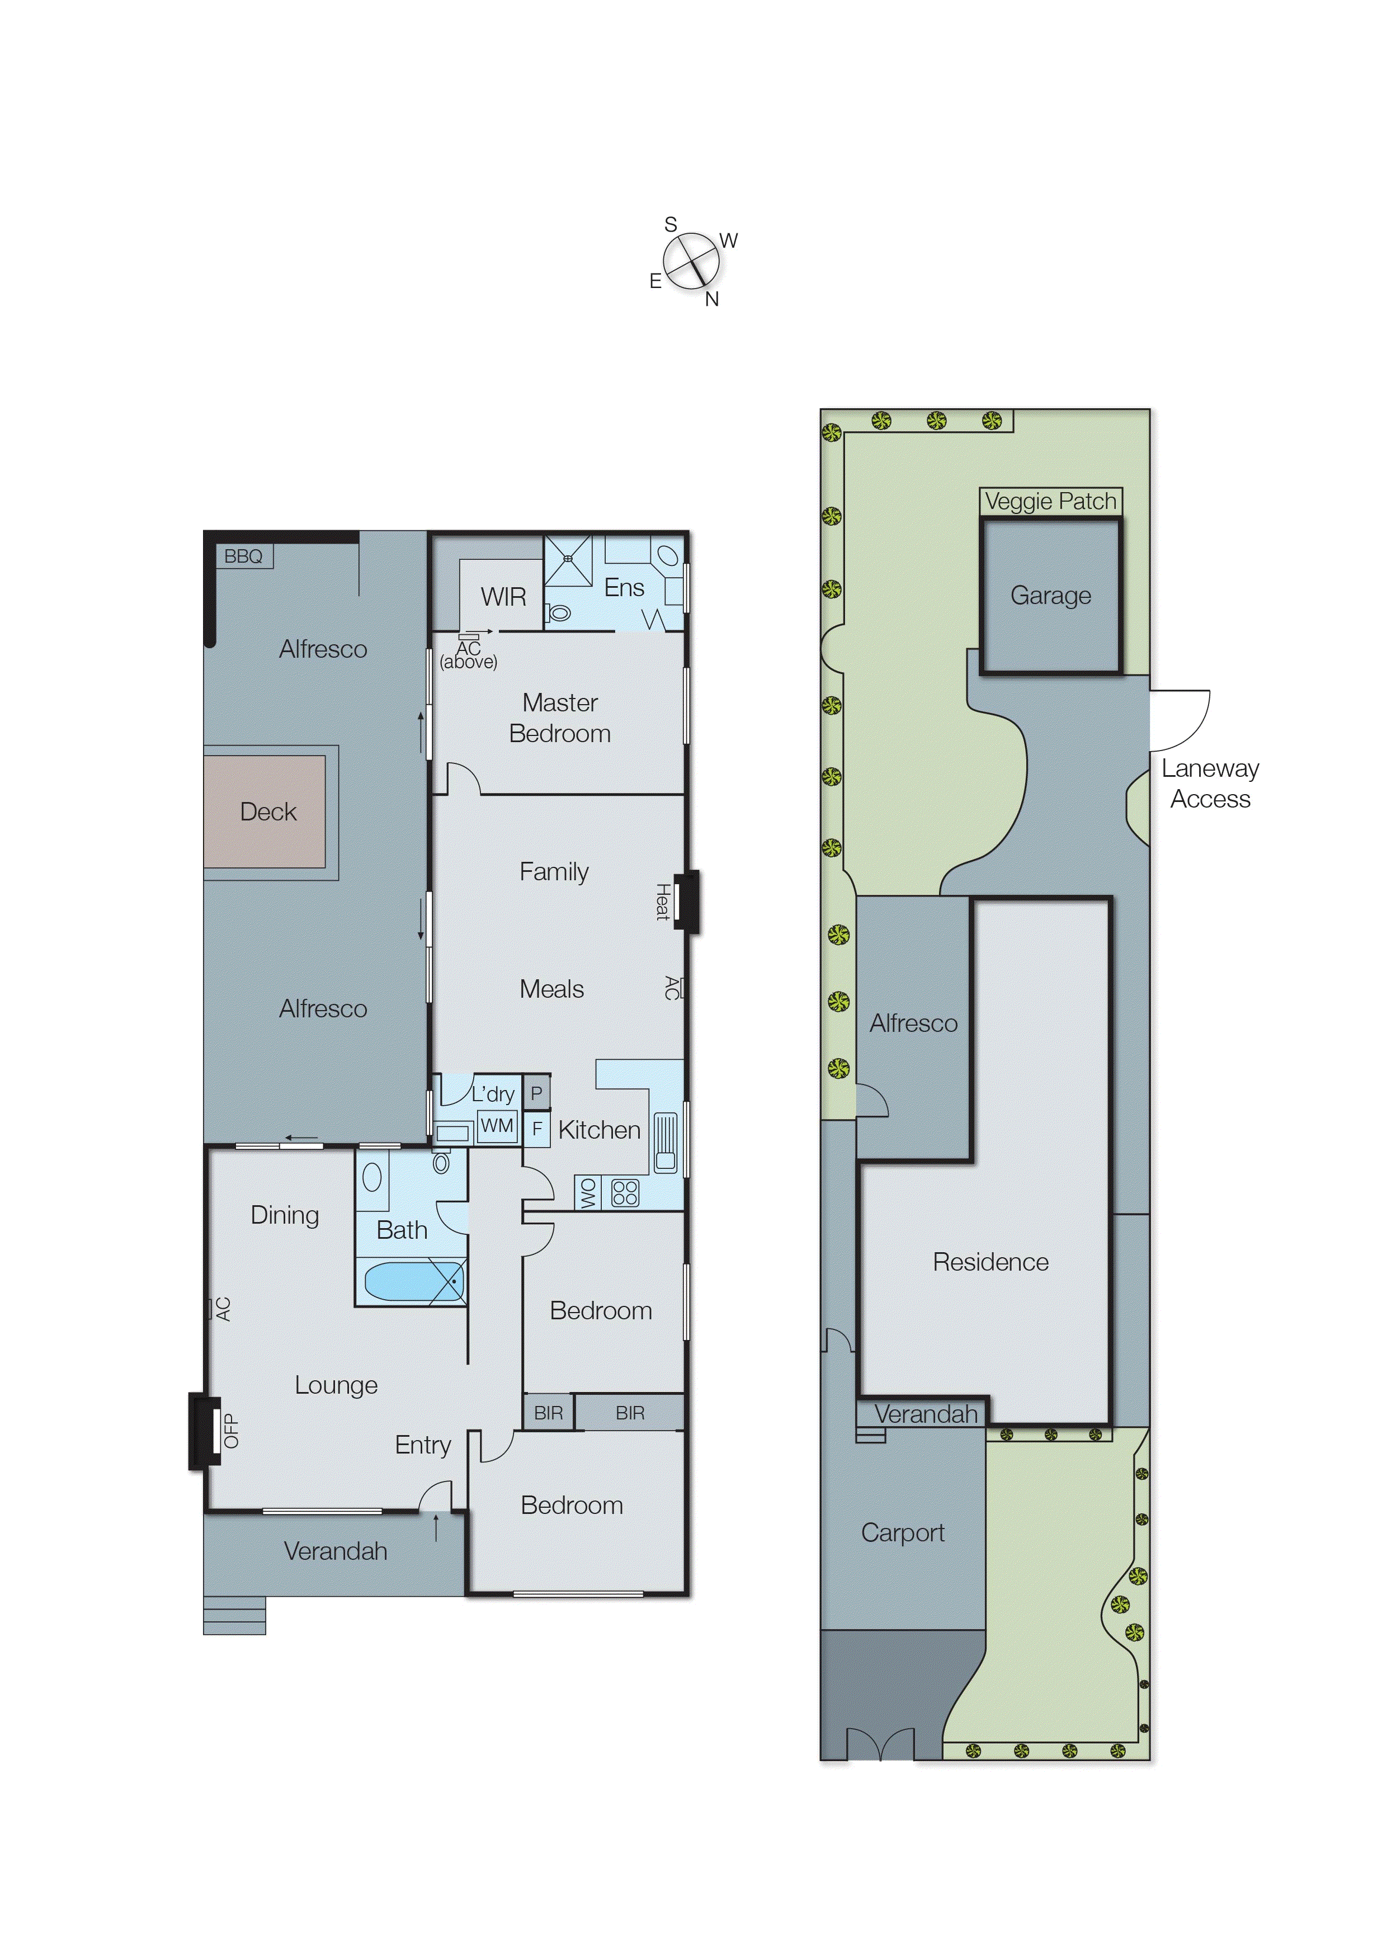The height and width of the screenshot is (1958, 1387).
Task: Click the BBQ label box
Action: click(x=243, y=556)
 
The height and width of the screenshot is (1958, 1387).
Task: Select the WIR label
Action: click(x=503, y=597)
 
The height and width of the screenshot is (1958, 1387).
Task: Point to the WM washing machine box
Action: click(x=497, y=1125)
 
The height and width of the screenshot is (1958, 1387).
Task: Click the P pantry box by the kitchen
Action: click(x=536, y=1093)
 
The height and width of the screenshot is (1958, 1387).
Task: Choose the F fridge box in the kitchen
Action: click(x=536, y=1129)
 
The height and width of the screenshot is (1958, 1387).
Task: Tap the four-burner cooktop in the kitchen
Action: click(x=625, y=1192)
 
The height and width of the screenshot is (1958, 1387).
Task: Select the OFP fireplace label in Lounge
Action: click(x=230, y=1431)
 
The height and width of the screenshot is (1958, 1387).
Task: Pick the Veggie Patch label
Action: click(x=1050, y=501)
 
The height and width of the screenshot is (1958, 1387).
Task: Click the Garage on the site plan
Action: click(x=1050, y=595)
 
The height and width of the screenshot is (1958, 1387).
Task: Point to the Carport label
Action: click(x=902, y=1533)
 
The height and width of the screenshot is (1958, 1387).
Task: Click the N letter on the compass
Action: click(x=711, y=300)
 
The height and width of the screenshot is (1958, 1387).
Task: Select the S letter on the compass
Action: click(x=671, y=225)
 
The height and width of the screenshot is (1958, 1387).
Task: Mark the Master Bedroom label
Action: click(x=559, y=718)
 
